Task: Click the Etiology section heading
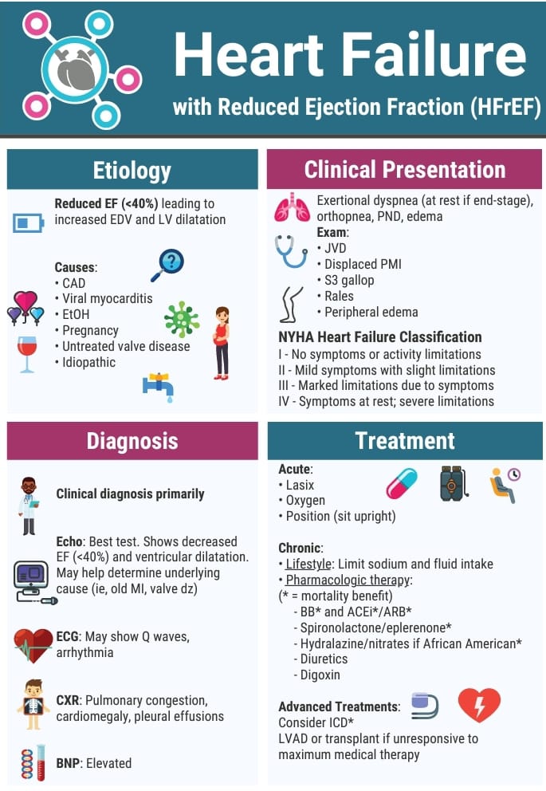coord(132,170)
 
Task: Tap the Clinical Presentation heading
coord(404,169)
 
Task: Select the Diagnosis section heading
coord(132,441)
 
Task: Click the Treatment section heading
coord(404,440)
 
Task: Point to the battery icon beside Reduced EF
coord(28,222)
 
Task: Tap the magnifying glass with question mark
coord(167,265)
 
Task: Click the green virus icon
coord(182,319)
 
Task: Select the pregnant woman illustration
coord(222,343)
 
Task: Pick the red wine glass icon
coord(27,354)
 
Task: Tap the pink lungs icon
coord(292,208)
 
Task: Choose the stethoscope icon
coord(291,250)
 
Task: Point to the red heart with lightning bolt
coord(479,705)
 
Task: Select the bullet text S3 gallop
coord(349,280)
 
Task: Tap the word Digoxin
coord(320,675)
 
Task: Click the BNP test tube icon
coord(33,762)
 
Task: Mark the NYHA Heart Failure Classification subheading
coord(380,336)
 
